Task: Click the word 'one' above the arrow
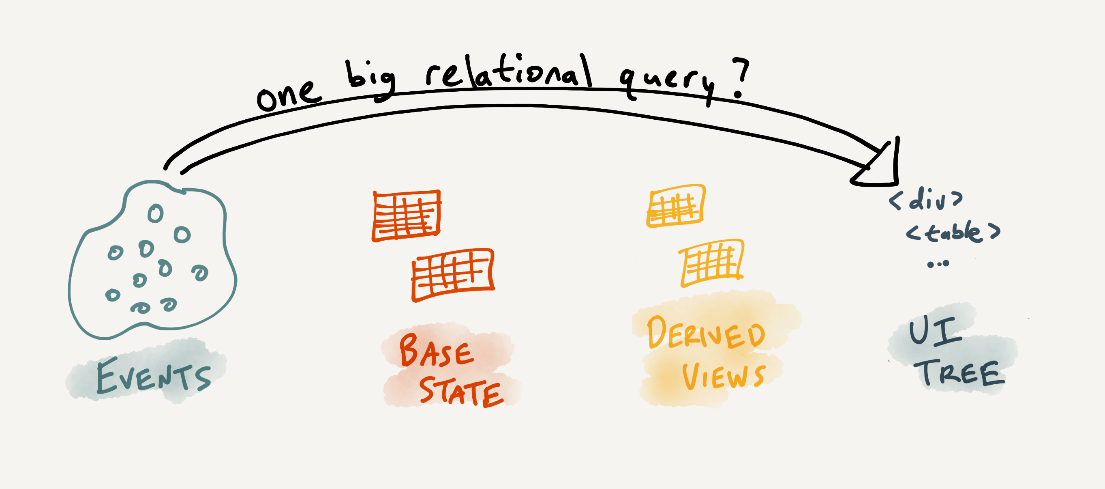click(x=288, y=95)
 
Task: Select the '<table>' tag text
click(x=953, y=232)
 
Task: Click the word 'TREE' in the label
click(x=961, y=373)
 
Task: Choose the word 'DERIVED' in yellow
click(x=706, y=333)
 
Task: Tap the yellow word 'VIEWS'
click(x=723, y=376)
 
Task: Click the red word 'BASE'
click(x=436, y=351)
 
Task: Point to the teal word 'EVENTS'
click(x=153, y=376)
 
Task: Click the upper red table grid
click(x=406, y=215)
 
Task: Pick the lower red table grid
click(x=452, y=274)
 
